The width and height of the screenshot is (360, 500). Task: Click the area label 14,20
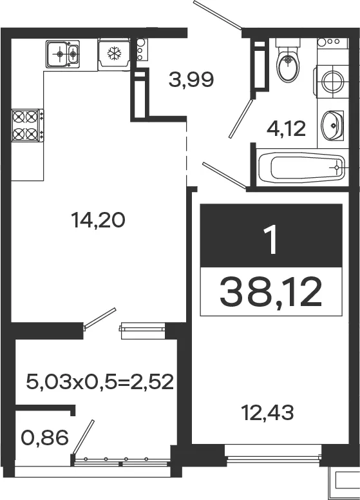click(x=98, y=220)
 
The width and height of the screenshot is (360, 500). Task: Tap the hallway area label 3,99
click(x=191, y=80)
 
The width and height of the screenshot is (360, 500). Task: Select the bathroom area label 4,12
click(x=286, y=129)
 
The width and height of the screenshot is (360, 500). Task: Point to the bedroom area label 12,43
click(x=268, y=412)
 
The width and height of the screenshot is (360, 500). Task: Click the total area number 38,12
click(x=271, y=291)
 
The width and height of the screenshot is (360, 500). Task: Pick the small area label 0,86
click(x=45, y=438)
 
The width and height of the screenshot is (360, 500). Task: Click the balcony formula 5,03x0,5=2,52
click(x=100, y=381)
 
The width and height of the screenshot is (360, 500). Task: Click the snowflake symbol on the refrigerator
click(x=113, y=53)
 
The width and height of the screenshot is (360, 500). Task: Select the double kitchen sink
click(x=62, y=54)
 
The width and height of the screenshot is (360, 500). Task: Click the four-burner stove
click(x=28, y=125)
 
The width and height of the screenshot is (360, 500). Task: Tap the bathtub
click(x=301, y=167)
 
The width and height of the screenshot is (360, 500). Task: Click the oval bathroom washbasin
click(x=332, y=125)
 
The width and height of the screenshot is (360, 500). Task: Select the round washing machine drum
click(x=332, y=81)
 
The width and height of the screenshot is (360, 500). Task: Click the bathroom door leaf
click(x=241, y=119)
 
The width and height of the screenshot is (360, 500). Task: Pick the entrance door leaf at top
click(x=218, y=15)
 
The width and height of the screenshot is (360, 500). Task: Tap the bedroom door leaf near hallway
click(x=224, y=175)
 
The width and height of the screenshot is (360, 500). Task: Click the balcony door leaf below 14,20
click(x=100, y=318)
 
